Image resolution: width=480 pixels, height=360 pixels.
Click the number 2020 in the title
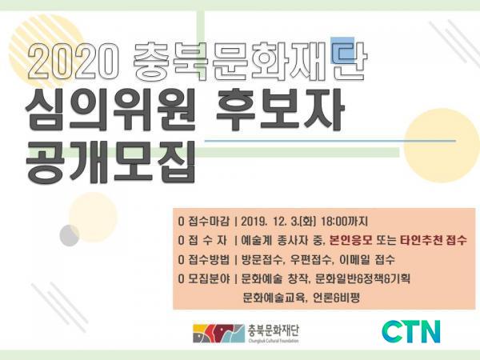tap(73, 62)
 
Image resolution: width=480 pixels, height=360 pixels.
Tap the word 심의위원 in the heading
tap(110, 110)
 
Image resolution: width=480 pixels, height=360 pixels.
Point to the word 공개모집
tap(110, 162)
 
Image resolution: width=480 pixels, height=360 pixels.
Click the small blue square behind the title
tap(342, 50)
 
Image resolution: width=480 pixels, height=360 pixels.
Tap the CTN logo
tap(411, 332)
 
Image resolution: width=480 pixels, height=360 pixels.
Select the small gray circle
tap(70, 235)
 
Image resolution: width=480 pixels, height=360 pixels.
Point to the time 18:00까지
tap(344, 222)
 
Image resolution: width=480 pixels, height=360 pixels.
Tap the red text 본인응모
tap(351, 241)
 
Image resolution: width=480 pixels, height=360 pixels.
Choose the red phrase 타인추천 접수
tap(434, 241)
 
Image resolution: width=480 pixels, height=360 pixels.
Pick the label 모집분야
tap(208, 279)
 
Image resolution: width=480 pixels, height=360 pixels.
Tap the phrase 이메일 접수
tap(367, 260)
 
